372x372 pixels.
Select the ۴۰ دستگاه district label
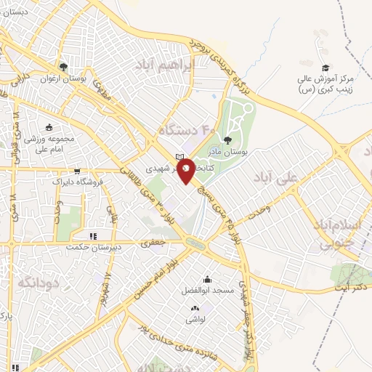[186, 132]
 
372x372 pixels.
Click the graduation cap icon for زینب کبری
[325, 68]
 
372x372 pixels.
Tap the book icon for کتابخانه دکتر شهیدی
[179, 157]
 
